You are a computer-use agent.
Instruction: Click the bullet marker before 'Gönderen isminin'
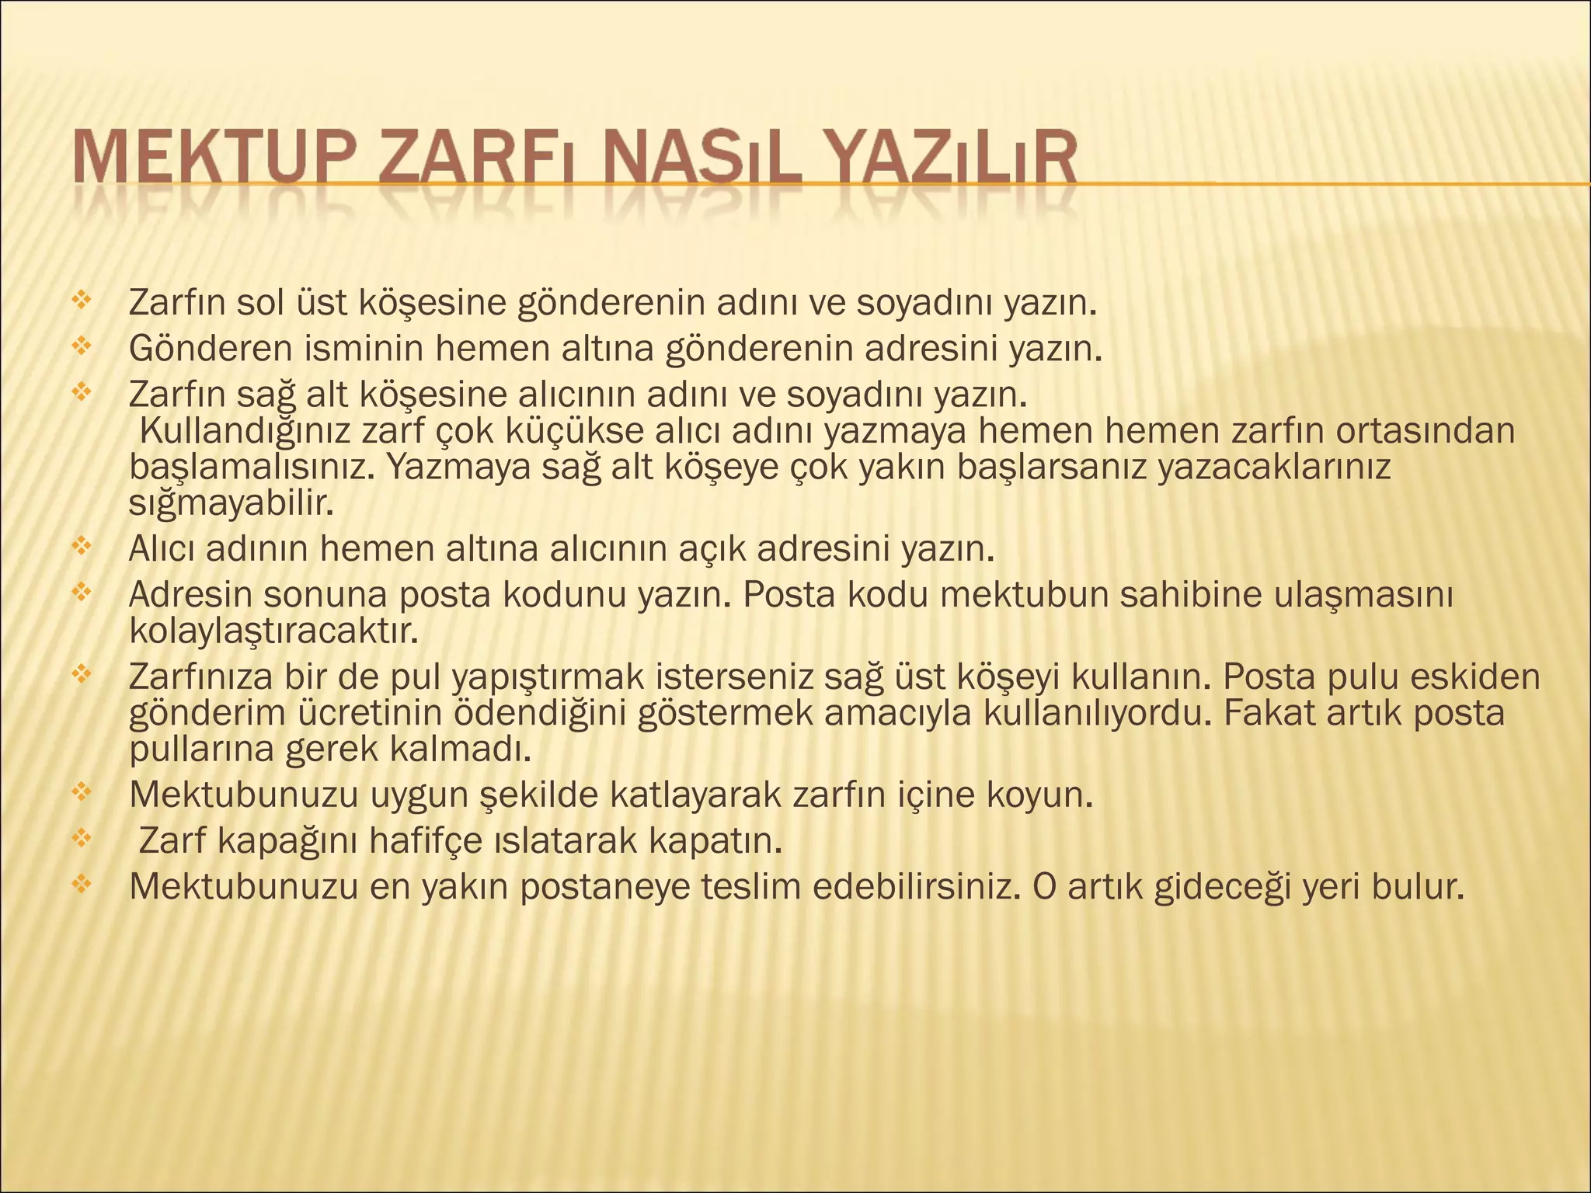[x=81, y=345]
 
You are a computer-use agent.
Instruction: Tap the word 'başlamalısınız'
[x=252, y=468]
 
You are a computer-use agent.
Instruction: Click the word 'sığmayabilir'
[x=231, y=504]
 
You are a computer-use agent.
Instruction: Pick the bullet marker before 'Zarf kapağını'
[x=81, y=837]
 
